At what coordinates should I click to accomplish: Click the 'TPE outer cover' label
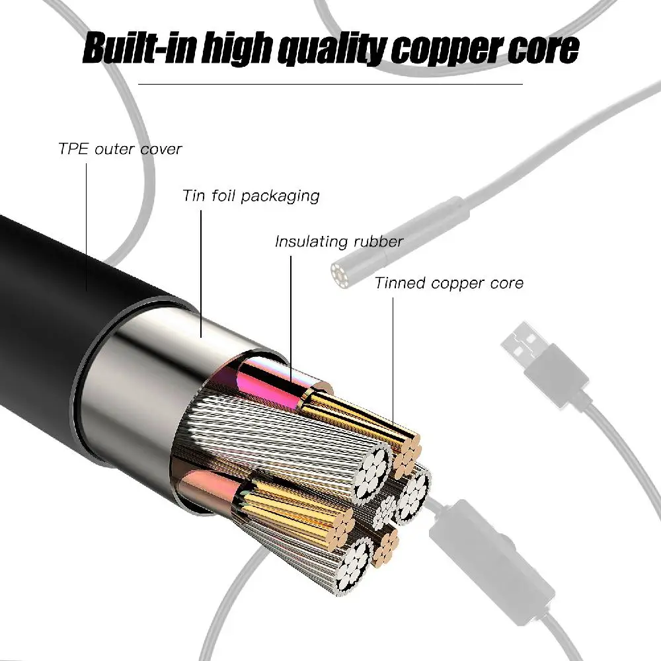(x=120, y=149)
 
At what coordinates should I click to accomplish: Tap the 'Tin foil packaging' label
(x=251, y=196)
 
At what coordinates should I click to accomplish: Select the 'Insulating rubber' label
(x=339, y=242)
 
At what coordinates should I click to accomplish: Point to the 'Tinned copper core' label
(x=449, y=284)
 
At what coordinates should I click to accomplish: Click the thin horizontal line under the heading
(x=330, y=84)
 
